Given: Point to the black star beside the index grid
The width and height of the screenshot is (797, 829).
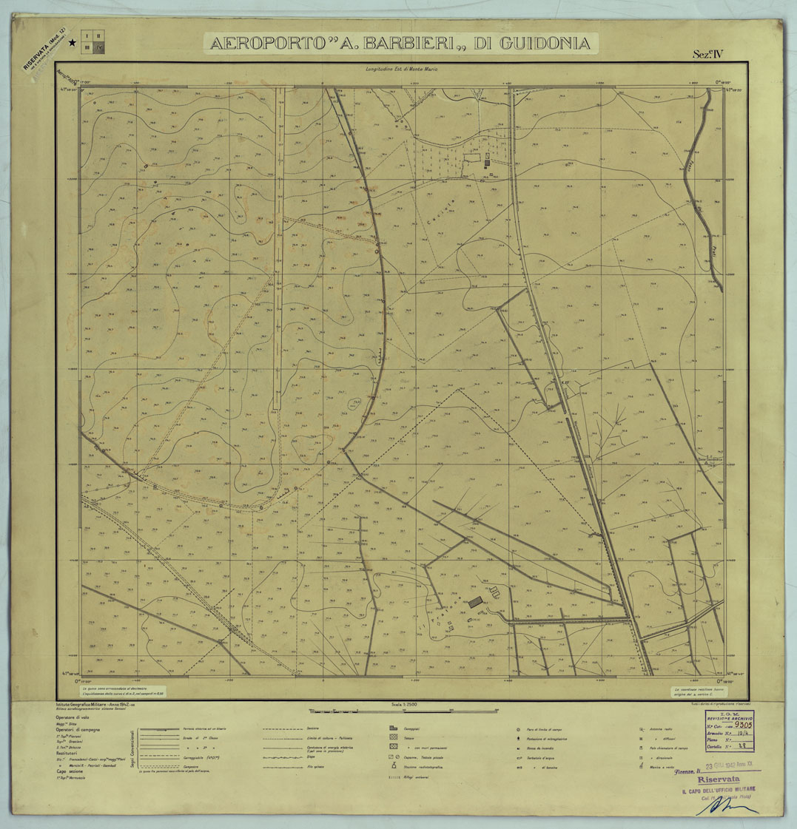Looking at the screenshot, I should [x=72, y=43].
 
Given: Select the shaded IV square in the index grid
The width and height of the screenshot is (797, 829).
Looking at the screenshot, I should [x=101, y=48].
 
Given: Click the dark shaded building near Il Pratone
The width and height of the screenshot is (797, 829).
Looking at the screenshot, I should [x=475, y=603].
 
